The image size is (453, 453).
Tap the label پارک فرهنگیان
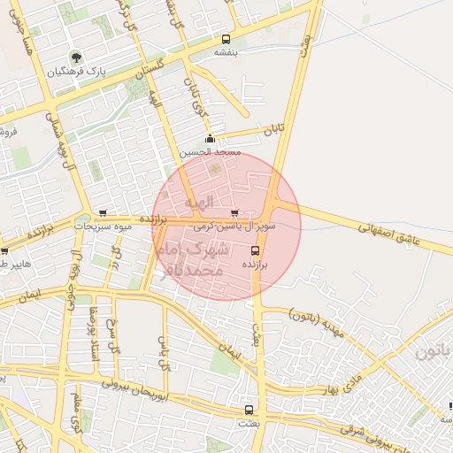(76, 71)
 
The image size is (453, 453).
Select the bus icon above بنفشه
(226, 39)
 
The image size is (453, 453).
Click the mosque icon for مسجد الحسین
(210, 138)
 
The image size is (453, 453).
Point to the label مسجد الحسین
(211, 152)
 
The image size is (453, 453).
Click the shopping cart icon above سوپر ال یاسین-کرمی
(234, 212)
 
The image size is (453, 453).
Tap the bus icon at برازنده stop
(255, 250)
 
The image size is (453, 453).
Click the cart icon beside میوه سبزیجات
(104, 212)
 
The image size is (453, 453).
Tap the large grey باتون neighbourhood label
(434, 351)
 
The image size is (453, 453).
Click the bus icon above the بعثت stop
(249, 410)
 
